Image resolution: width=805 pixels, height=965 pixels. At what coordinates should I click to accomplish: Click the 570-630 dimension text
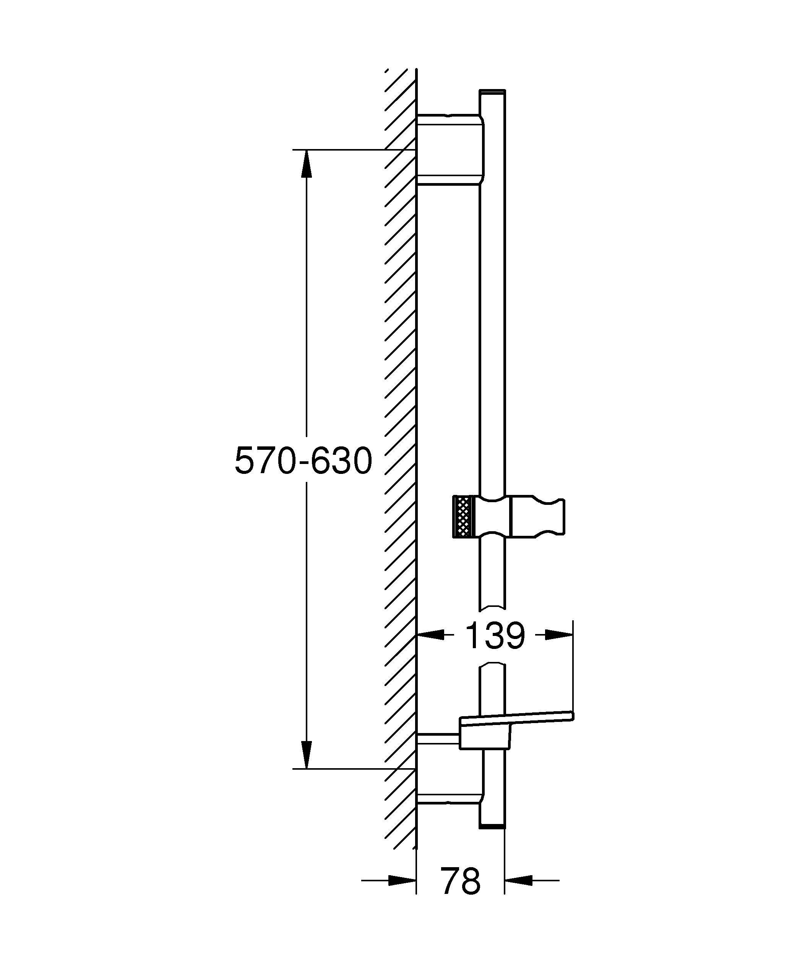[303, 461]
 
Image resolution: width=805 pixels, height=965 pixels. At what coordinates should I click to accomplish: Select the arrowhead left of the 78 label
[402, 881]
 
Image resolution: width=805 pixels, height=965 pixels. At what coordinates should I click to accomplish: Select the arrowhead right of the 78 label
[519, 881]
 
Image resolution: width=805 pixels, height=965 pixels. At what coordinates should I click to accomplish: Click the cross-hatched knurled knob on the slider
[463, 516]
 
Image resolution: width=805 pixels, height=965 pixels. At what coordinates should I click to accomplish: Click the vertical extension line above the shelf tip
[573, 666]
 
